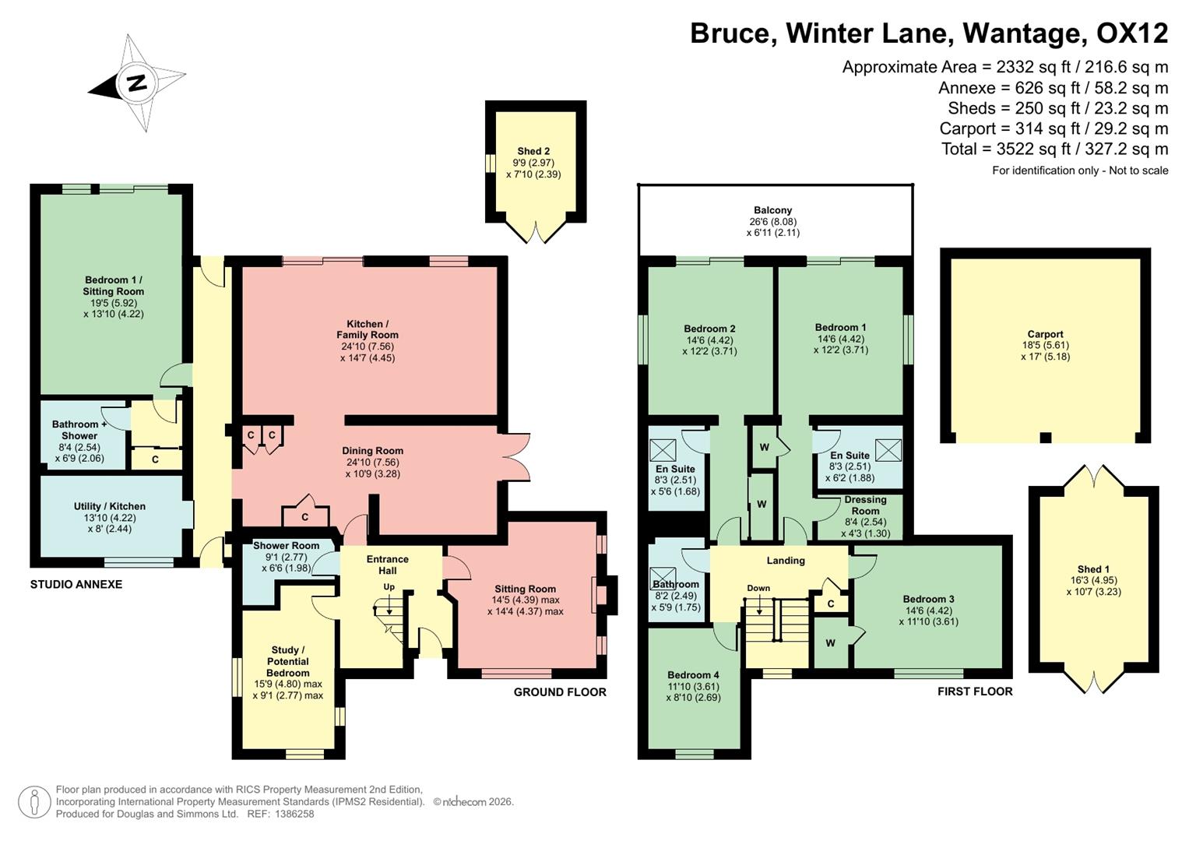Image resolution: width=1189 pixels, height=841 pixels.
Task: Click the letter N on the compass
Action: [x=137, y=83]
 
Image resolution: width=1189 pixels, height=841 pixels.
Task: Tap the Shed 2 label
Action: [x=533, y=152]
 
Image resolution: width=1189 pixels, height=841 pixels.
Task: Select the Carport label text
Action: [x=1045, y=334]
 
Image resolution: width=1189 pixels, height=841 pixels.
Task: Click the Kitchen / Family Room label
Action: [x=368, y=329]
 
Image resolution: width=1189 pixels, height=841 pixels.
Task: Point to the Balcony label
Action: [x=772, y=210]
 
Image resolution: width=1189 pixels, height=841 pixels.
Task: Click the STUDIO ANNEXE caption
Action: [x=76, y=584]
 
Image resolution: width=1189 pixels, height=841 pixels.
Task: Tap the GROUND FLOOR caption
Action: [x=559, y=691]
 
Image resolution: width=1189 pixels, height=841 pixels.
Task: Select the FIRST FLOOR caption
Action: [x=975, y=691]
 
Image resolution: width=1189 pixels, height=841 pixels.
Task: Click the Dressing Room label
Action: [x=865, y=505]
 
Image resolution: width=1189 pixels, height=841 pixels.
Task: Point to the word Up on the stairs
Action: [x=389, y=586]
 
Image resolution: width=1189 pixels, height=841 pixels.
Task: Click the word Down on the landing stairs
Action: [x=758, y=588]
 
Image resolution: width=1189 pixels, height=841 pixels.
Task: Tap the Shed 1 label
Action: [x=1089, y=569]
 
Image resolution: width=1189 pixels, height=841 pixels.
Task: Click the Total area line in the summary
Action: [x=1054, y=149]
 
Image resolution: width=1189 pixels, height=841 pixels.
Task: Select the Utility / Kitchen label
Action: [x=109, y=506]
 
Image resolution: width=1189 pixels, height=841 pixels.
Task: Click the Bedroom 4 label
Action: [x=693, y=675]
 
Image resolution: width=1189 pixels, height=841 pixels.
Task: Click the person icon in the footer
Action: [x=33, y=801]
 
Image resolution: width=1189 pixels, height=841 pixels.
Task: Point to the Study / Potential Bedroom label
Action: [x=288, y=661]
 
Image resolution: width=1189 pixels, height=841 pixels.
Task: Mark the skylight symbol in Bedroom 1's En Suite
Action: [x=888, y=450]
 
